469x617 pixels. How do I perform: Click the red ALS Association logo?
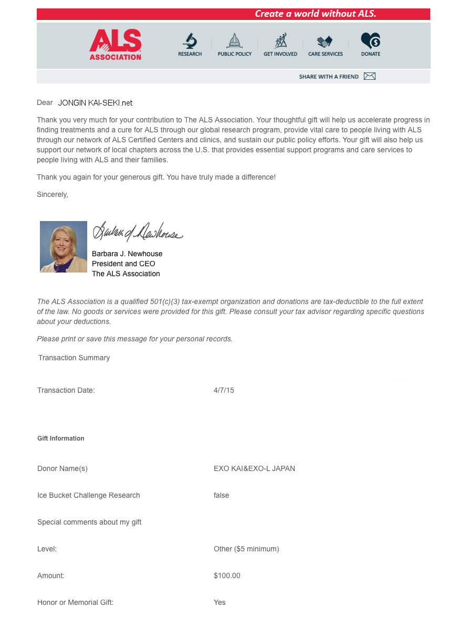[x=115, y=45]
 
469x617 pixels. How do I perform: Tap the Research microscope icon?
[x=190, y=41]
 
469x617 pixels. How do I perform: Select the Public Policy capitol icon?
[x=234, y=41]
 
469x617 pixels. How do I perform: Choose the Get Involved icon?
[x=280, y=41]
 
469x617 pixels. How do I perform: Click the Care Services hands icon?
[x=325, y=41]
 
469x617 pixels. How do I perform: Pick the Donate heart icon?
[x=370, y=40]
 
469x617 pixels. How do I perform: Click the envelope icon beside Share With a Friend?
[x=370, y=76]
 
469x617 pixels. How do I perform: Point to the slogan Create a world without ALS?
[x=315, y=14]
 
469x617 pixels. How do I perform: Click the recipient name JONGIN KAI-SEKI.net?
[x=95, y=103]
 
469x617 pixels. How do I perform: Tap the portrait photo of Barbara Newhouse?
[x=64, y=247]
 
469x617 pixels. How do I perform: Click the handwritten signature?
[x=137, y=232]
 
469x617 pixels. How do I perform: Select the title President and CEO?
[x=123, y=264]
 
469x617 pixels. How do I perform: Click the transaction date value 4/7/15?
[x=224, y=390]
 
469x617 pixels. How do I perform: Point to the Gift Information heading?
[x=61, y=438]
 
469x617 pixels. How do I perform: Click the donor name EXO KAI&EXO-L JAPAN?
[x=254, y=468]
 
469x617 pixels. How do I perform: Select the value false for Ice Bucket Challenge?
[x=221, y=495]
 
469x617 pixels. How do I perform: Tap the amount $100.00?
[x=227, y=576]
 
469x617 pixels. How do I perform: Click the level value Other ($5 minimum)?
[x=246, y=549]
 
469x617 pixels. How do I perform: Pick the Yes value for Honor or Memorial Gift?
[x=220, y=602]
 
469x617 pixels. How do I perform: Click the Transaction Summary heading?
[x=74, y=358]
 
